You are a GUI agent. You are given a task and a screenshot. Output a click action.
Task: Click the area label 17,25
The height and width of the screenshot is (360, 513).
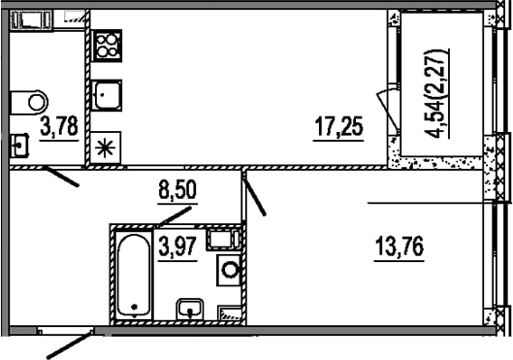[x=338, y=127]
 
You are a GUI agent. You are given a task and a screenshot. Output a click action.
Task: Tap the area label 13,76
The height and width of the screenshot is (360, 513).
[x=400, y=246]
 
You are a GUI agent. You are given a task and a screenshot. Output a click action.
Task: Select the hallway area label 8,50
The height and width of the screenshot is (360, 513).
[x=177, y=190]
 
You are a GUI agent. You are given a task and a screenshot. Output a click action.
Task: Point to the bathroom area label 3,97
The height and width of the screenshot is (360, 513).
[x=177, y=246]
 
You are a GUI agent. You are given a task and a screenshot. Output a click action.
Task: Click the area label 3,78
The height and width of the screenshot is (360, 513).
[x=59, y=126]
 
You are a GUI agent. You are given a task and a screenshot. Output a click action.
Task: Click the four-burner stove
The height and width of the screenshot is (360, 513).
[x=107, y=46]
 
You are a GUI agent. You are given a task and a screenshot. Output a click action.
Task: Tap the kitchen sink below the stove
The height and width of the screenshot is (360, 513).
[x=107, y=95]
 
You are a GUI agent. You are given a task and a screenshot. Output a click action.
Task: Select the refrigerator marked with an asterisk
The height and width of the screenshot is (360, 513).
[x=106, y=147]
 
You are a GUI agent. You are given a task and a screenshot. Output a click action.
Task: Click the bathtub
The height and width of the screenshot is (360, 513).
[x=134, y=276]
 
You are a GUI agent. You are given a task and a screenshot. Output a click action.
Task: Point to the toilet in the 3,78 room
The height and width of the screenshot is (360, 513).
[x=29, y=102]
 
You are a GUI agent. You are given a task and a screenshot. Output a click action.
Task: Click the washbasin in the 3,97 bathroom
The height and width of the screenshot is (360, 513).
[x=190, y=310]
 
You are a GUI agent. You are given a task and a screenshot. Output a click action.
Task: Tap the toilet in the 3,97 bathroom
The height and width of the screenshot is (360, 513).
[x=229, y=270]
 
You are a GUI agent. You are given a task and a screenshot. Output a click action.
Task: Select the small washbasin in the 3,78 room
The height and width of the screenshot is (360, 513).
[x=19, y=146]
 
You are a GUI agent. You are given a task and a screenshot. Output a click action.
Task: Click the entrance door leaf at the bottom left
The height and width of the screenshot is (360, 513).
[x=69, y=344]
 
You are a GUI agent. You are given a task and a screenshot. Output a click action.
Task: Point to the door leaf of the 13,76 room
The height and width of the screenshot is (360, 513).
[x=254, y=194]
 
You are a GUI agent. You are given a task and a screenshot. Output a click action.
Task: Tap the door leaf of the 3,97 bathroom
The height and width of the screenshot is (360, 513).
[x=175, y=215]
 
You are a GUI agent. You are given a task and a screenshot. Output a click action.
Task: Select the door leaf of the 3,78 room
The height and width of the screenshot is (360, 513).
[x=61, y=177]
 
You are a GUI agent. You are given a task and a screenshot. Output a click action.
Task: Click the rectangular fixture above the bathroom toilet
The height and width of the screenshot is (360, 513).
[x=223, y=240]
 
